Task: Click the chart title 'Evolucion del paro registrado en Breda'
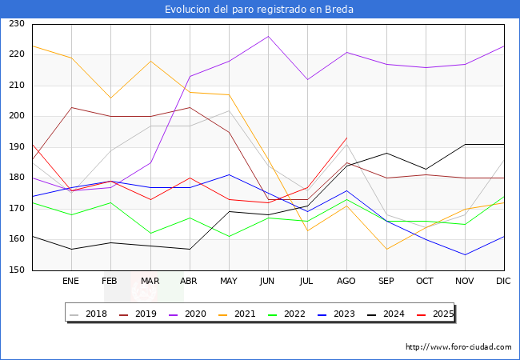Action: coord(259,10)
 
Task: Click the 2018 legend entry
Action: coord(90,314)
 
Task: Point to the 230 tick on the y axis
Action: coord(16,24)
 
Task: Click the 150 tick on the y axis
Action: coord(16,270)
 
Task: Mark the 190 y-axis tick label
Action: coord(16,147)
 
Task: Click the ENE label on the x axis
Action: coord(70,282)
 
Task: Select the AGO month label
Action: coord(346,282)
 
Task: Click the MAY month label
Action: coord(228,282)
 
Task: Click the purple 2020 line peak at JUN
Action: coord(268,36)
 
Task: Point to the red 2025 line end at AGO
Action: coord(346,138)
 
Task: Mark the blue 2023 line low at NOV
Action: coord(465,255)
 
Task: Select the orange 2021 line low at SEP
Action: coord(386,249)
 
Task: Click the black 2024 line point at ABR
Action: coord(190,249)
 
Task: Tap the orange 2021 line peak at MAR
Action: coord(150,61)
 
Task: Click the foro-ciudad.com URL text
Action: coord(458,347)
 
